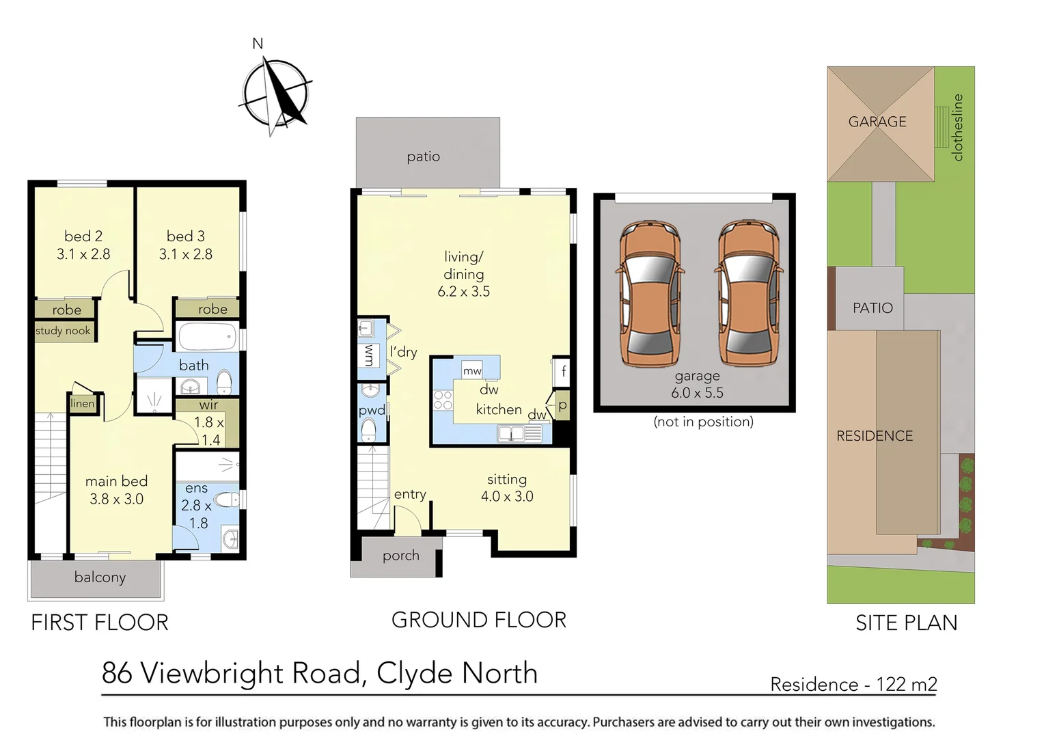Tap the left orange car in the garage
coord(650,294)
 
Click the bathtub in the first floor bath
coord(206,337)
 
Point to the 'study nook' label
coord(63,331)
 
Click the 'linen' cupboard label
coord(83,403)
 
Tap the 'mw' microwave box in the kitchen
coord(472,371)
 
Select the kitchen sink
coord(511,433)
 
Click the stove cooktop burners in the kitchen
coord(443,400)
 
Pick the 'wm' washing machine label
coord(369,355)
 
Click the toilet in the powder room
coord(368,430)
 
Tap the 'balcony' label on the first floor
coord(100,577)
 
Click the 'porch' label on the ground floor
coord(401,556)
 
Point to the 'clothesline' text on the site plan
coord(957,128)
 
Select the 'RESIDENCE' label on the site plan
coord(875,436)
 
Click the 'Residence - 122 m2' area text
coord(853,684)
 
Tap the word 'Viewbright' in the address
coord(250,673)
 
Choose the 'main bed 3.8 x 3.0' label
coord(116,490)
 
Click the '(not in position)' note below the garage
coord(703,422)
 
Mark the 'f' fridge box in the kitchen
coord(563,372)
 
